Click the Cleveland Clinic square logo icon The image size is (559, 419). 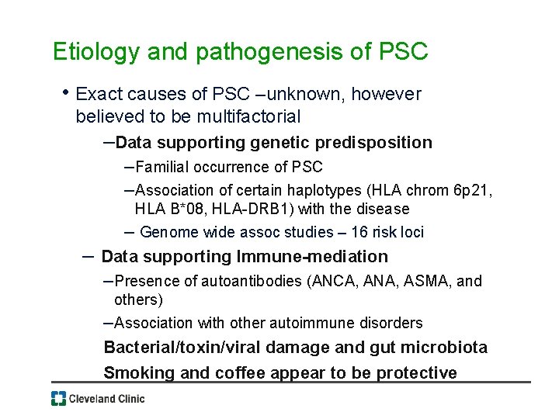pyautogui.click(x=58, y=399)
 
